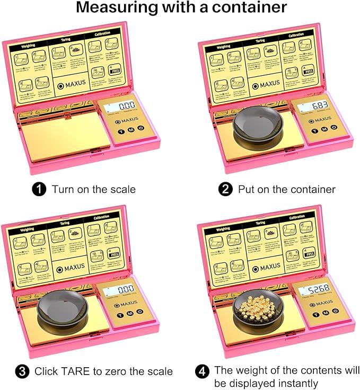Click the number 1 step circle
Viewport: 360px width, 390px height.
click(40, 189)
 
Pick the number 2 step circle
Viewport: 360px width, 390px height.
click(226, 189)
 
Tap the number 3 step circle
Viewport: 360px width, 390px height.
click(23, 371)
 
